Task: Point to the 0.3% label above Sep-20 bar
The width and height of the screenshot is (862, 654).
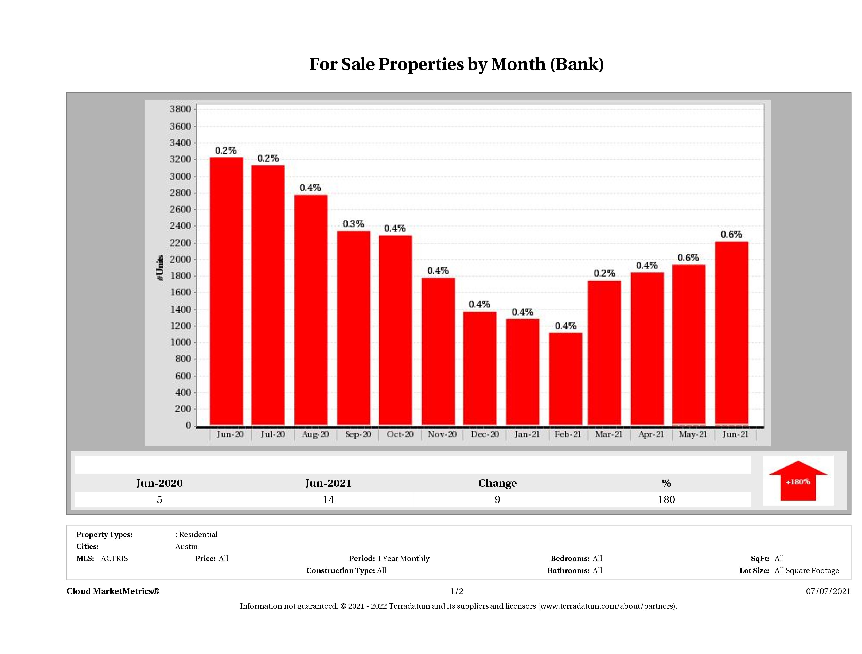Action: coord(353,224)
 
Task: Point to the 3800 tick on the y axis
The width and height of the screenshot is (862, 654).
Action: coord(180,109)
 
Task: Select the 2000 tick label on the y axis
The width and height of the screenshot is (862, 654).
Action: coord(180,260)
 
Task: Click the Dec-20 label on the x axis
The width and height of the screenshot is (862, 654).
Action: coord(484,434)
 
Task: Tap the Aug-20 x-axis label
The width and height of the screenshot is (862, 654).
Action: coord(315,434)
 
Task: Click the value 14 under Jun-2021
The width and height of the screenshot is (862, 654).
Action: coord(328,499)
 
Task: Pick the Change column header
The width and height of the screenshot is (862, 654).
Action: coord(497,483)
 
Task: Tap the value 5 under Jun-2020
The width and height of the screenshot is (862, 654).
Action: coord(159,499)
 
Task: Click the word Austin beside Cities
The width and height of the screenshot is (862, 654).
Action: coord(186,546)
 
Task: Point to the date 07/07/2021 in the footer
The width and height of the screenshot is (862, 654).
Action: coord(828,591)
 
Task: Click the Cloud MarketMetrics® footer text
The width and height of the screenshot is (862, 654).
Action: coord(113,591)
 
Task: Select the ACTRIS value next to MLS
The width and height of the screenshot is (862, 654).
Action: coord(114,559)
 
